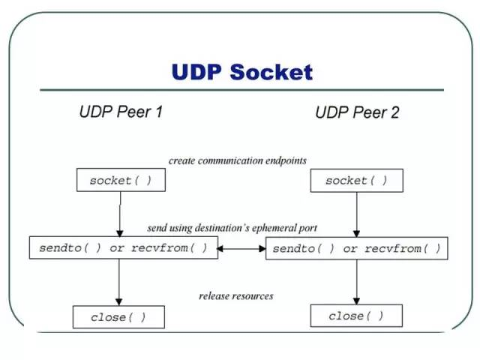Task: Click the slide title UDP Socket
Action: (x=242, y=72)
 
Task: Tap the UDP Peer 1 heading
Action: (x=121, y=112)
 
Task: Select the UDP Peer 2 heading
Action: (x=357, y=112)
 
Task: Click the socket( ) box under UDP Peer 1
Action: (x=121, y=180)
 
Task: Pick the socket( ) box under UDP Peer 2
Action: (x=357, y=181)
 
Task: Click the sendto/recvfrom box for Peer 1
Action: (x=124, y=247)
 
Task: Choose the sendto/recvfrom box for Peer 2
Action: (x=357, y=248)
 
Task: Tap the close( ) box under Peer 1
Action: (x=118, y=317)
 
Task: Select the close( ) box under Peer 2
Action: (x=356, y=316)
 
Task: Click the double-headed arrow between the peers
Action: (x=241, y=248)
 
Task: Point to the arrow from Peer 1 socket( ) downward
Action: (x=120, y=214)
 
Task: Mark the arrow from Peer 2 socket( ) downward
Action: (x=357, y=214)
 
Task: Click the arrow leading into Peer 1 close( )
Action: (x=119, y=282)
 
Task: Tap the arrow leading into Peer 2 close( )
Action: (x=357, y=282)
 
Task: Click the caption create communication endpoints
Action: (x=238, y=160)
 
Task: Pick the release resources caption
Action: (x=236, y=296)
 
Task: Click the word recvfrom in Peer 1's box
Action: (x=159, y=247)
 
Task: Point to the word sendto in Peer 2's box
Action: (x=294, y=248)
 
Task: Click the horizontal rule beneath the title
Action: (x=241, y=90)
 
